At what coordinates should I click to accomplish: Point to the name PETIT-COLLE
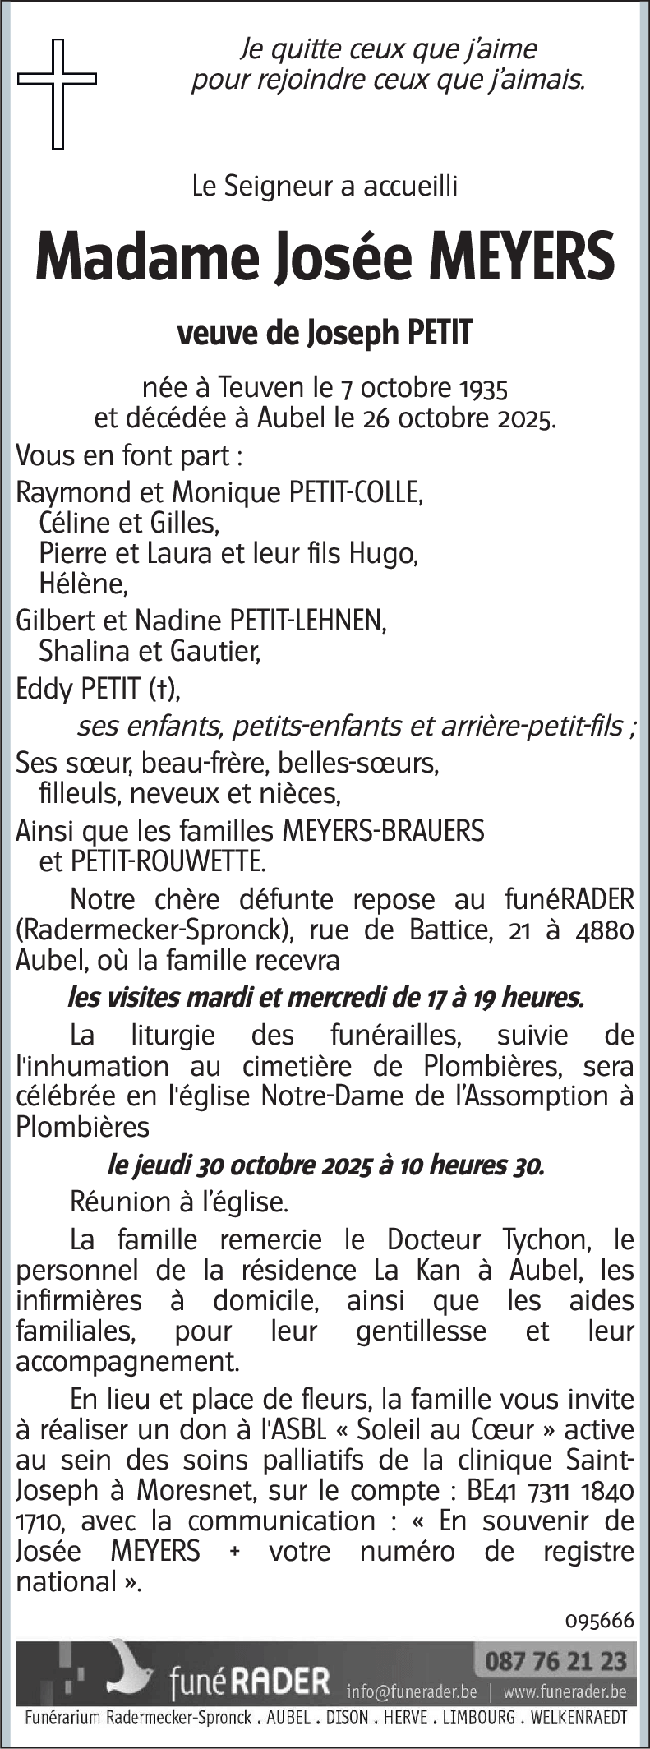point(353,492)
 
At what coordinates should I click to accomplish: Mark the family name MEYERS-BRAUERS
point(383,831)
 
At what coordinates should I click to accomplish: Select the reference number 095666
point(600,1619)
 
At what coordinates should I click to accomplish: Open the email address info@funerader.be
point(412,1691)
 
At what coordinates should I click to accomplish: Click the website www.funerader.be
point(565,1691)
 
